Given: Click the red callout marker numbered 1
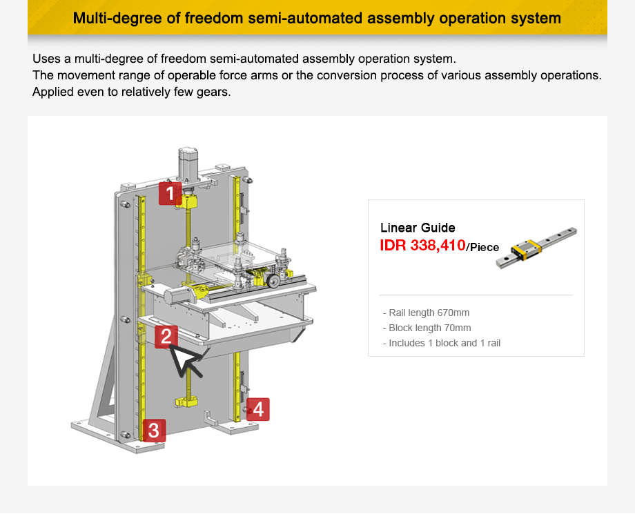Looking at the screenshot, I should [170, 193].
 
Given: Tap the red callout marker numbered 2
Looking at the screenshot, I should [166, 337].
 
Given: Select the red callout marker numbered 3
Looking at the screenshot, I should [153, 431].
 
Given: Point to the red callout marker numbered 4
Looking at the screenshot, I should [257, 409].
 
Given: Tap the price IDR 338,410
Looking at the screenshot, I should [422, 245].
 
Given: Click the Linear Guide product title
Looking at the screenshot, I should [418, 228].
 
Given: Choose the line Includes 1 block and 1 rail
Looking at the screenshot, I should [442, 343].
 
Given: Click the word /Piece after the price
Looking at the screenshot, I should [483, 247].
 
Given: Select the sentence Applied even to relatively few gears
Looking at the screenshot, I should [131, 91].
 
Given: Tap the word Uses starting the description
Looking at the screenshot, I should [46, 58].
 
